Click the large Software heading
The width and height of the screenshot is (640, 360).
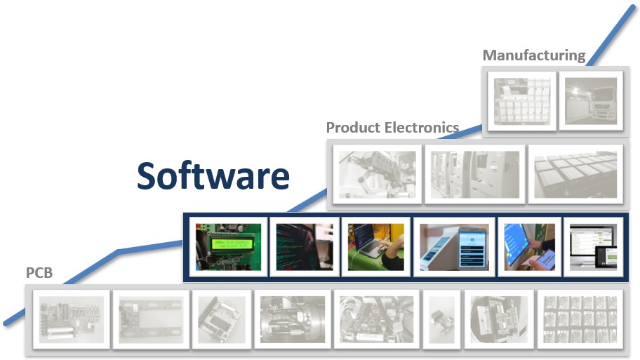[x=213, y=175]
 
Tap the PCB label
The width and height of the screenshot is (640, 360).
[x=39, y=273]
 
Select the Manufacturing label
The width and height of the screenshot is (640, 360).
[x=534, y=55]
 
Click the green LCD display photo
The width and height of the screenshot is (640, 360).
[x=228, y=247]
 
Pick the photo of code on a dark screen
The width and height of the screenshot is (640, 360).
[x=305, y=247]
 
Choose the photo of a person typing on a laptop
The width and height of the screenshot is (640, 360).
[x=376, y=247]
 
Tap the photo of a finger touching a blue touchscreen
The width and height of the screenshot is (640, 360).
[x=529, y=247]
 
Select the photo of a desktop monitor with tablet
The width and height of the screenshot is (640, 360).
[x=594, y=247]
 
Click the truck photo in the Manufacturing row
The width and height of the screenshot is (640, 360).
[x=591, y=101]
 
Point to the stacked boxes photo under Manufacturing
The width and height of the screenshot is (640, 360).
[x=522, y=101]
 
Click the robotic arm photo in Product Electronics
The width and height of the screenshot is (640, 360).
[x=377, y=174]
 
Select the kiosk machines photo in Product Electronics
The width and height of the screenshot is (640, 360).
[x=475, y=174]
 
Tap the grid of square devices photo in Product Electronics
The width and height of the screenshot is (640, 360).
[x=575, y=174]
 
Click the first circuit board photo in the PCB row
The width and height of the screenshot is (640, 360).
[x=72, y=319]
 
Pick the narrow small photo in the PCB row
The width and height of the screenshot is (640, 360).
[x=441, y=319]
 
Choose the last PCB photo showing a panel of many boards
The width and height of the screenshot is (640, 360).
[x=580, y=319]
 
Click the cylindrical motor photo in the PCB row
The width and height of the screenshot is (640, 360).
[x=293, y=319]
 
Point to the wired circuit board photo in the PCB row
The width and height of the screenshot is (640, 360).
[x=376, y=319]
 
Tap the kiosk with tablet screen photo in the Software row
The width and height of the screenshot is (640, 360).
[x=454, y=247]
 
